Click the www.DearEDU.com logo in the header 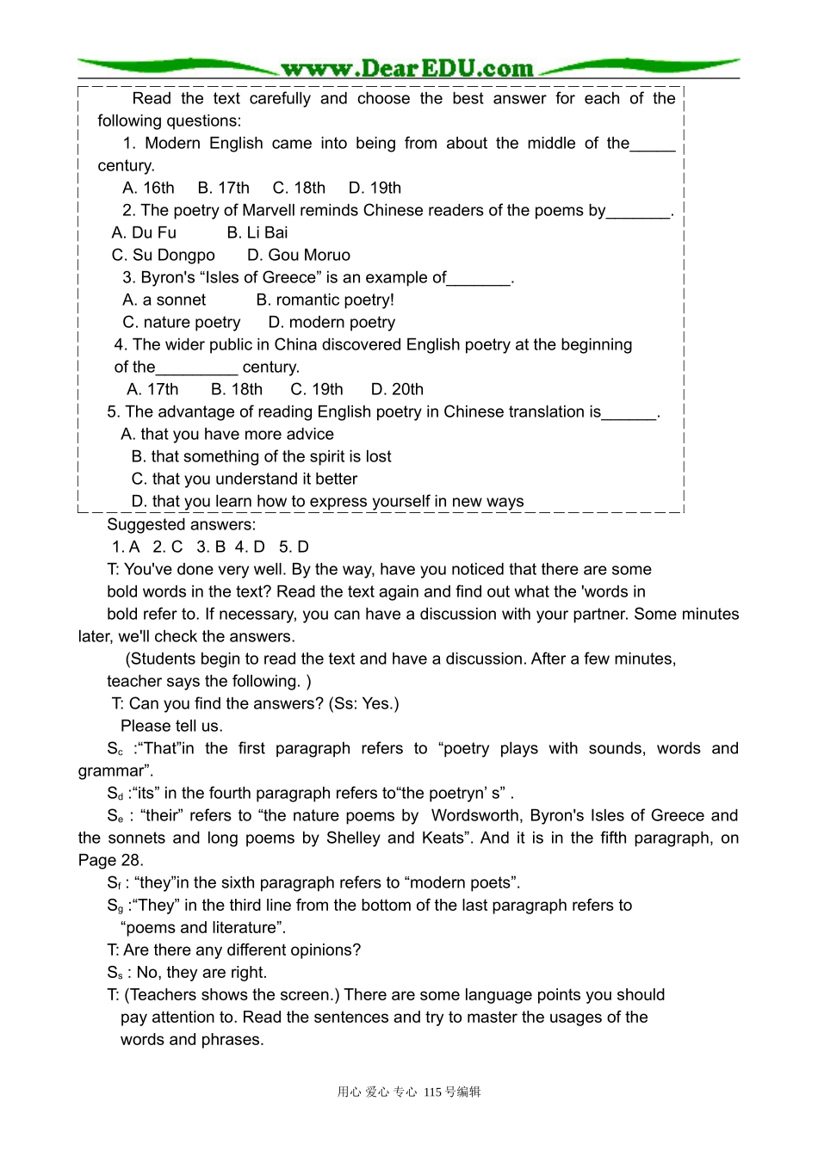coord(407,68)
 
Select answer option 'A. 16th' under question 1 coord(148,188)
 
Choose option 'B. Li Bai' coord(257,232)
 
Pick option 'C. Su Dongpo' coord(163,255)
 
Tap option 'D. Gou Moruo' coord(299,255)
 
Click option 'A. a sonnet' coord(164,300)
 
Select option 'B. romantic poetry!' coord(325,300)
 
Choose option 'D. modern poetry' coord(332,322)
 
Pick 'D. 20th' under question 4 coord(397,389)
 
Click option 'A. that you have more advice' coord(227,434)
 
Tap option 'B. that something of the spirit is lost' coord(261,456)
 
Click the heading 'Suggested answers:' coord(181,524)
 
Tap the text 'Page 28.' coord(111,860)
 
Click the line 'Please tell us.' coord(171,726)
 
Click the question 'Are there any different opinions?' coord(242,950)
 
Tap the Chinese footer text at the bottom coord(409,1092)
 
